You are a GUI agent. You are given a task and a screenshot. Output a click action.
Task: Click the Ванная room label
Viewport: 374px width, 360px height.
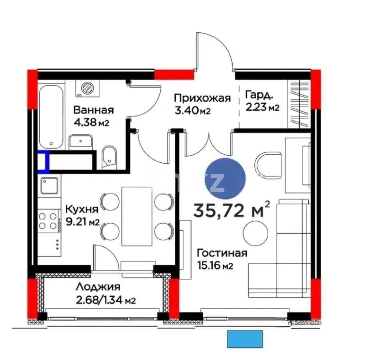click(x=94, y=110)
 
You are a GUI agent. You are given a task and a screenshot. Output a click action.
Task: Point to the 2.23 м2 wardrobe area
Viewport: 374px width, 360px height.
click(x=262, y=107)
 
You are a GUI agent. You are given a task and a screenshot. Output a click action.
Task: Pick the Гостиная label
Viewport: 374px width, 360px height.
click(x=221, y=253)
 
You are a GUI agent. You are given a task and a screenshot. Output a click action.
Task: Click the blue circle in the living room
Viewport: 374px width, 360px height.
click(x=225, y=179)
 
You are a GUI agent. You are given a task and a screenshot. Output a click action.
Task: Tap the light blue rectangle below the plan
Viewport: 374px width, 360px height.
click(x=245, y=339)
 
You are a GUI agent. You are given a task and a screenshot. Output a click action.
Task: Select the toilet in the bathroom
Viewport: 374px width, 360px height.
click(x=109, y=156)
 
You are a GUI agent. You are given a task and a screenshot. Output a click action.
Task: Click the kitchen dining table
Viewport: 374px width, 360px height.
click(x=137, y=216)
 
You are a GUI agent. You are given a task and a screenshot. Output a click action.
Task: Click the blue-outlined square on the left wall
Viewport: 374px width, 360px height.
click(x=43, y=161)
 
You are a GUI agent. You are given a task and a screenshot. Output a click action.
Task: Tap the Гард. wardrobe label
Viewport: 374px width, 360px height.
click(x=259, y=96)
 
